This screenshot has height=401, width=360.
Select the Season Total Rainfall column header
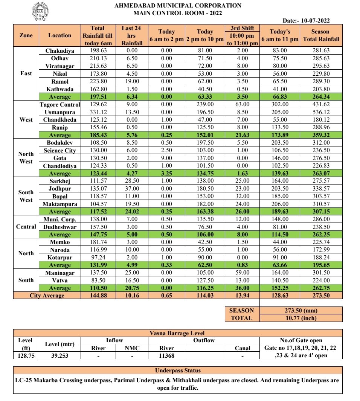[320, 35]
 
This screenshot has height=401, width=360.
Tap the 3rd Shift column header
[242, 35]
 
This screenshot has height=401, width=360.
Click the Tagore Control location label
[60, 105]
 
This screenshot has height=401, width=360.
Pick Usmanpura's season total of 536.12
[320, 112]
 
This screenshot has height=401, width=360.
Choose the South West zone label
[26, 196]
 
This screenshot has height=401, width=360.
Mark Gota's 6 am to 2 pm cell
[166, 158]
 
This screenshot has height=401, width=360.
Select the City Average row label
[47, 296]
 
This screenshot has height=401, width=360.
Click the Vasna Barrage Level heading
[178, 333]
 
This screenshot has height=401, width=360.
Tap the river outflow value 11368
[167, 355]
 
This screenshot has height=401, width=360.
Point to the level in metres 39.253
[60, 355]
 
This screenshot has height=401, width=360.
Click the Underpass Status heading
[178, 371]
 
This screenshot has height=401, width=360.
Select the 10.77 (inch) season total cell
[300, 318]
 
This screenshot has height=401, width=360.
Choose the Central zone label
[26, 227]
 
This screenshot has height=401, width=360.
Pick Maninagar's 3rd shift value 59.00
[242, 273]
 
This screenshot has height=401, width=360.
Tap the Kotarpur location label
[60, 258]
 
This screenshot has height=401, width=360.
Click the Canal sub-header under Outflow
[242, 348]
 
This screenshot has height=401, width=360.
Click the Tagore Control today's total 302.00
[280, 105]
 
